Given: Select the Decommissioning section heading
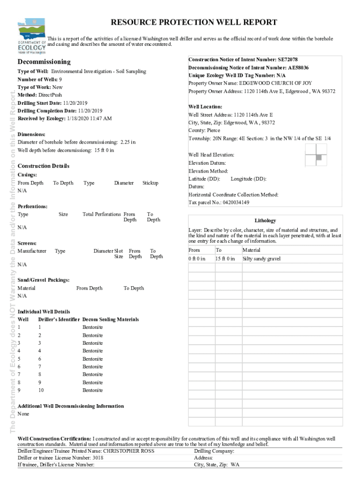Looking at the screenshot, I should tap(44, 62).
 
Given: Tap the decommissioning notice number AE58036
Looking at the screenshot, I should tap(298, 67).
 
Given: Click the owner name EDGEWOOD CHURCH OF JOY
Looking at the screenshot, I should tap(275, 83).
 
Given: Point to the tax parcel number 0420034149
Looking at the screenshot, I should tap(230, 202).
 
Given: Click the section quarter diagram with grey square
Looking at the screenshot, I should tap(316, 155).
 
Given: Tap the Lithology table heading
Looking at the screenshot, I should tap(265, 220).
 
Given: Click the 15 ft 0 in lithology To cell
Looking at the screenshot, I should tap(225, 259).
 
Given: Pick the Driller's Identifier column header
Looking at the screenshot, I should tap(58, 319).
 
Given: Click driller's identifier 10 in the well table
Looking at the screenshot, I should tap(41, 390).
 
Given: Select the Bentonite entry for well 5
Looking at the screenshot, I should tap(93, 359).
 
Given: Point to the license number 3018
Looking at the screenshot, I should tap(97, 458).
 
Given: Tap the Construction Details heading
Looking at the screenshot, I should tap(43, 166).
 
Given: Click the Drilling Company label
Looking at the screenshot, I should tap(214, 451).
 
